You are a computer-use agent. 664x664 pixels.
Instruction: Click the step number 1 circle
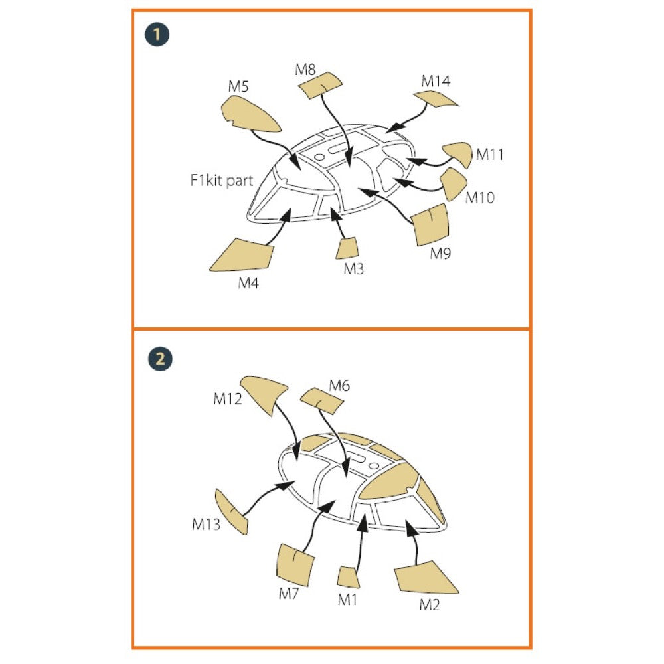157,35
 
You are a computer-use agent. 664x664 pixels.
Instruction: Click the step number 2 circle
160,359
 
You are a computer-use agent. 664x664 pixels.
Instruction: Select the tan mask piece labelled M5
248,114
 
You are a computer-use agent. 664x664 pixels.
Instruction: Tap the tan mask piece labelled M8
320,86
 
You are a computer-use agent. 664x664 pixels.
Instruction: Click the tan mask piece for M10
453,184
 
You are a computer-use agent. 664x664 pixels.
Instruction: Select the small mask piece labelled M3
347,248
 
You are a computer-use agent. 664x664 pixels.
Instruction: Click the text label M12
227,398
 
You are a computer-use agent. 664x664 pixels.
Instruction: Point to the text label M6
339,386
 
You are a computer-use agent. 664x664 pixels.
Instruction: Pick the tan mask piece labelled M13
231,511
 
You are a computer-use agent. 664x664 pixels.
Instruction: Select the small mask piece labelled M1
348,577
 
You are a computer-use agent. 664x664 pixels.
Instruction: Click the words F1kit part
222,181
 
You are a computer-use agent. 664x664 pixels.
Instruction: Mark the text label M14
436,81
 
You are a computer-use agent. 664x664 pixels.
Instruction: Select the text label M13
207,525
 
